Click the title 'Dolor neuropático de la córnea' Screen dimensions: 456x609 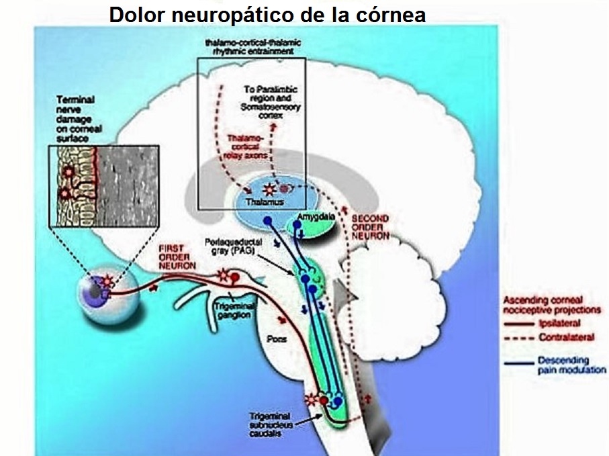pyautogui.click(x=267, y=15)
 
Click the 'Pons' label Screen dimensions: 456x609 pyautogui.click(x=277, y=339)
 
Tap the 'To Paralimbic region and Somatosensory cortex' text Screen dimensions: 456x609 pyautogui.click(x=272, y=102)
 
